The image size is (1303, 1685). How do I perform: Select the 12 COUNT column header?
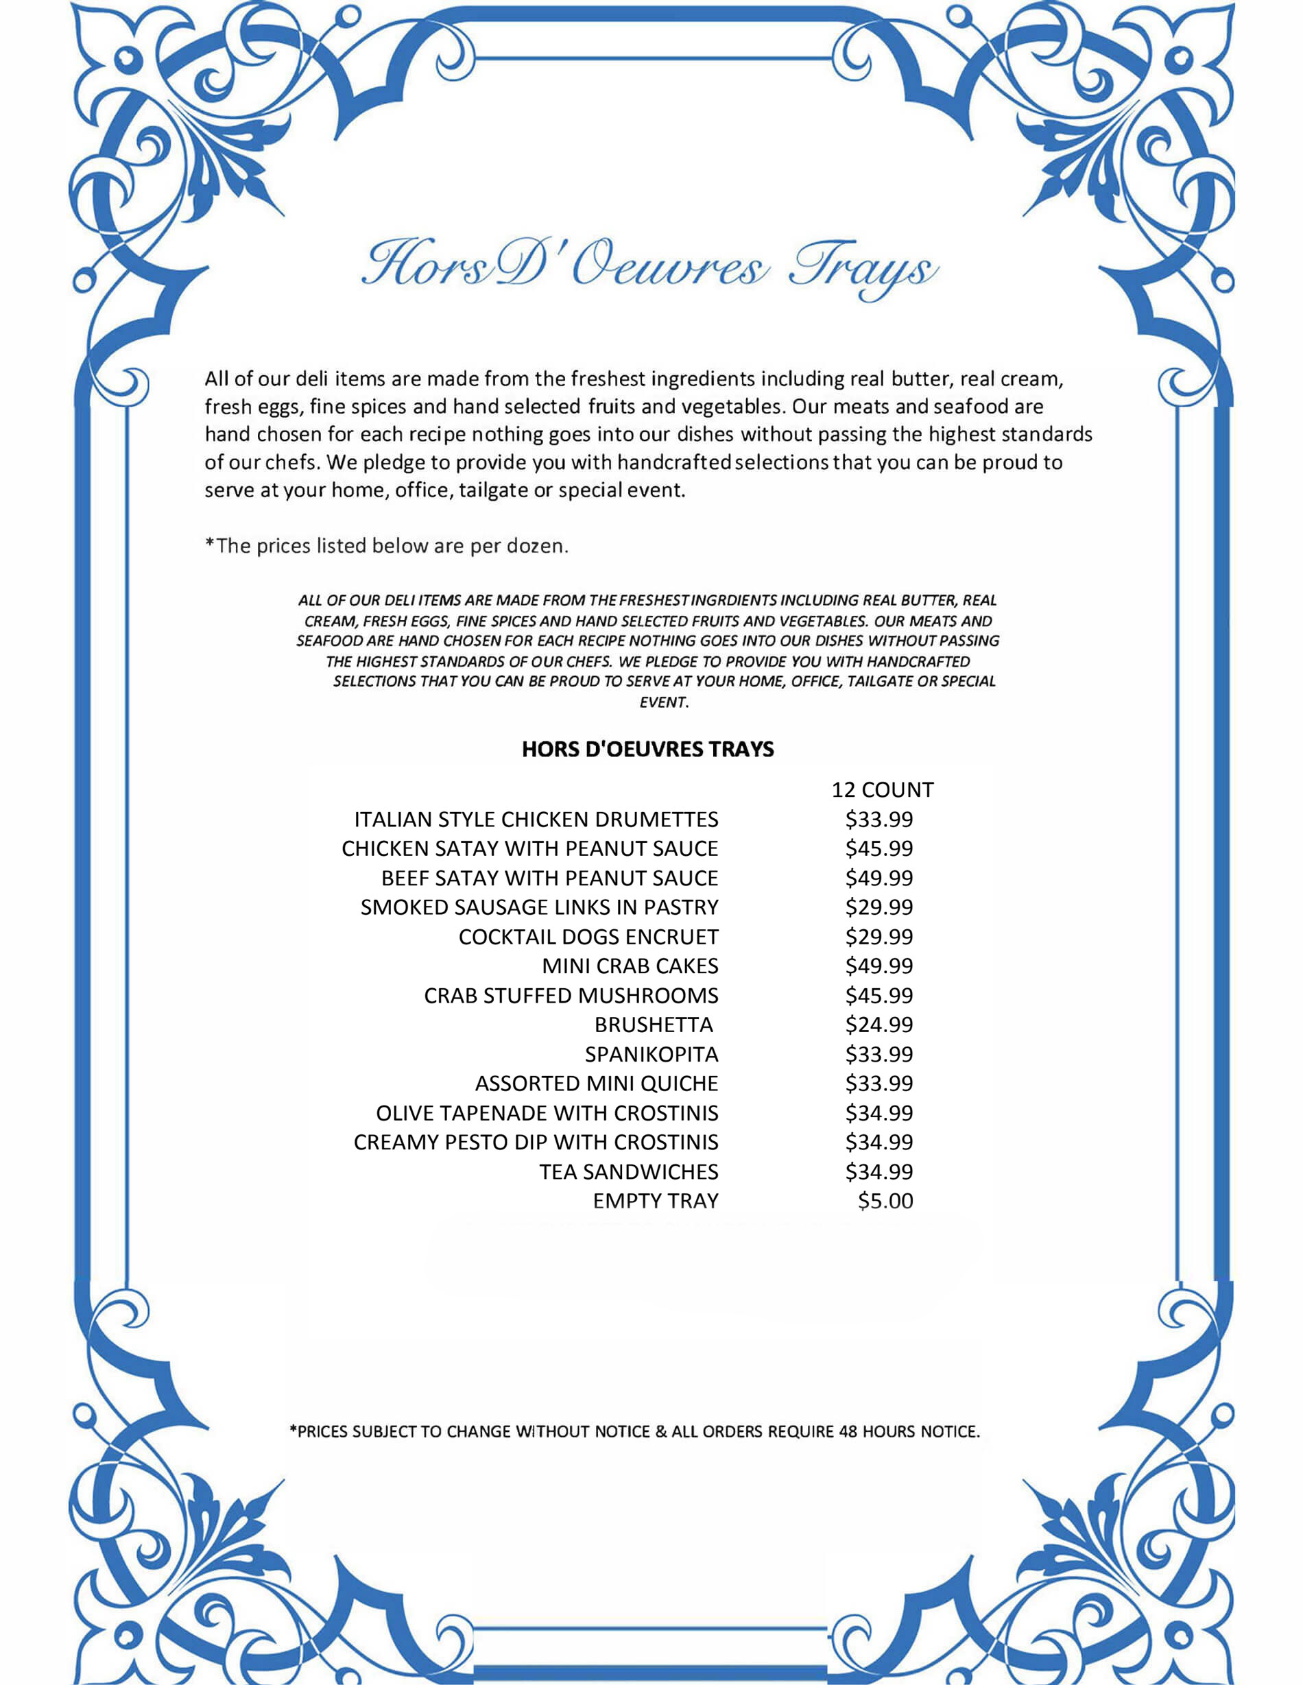(882, 790)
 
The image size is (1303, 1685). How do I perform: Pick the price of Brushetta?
(878, 1025)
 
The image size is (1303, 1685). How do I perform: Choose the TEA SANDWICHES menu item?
(629, 1171)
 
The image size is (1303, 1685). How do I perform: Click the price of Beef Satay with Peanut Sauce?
(878, 878)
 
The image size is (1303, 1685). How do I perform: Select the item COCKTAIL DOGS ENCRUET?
(588, 937)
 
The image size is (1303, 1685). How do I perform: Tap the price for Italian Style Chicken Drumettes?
(878, 820)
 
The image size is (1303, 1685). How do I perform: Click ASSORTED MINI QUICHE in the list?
(597, 1084)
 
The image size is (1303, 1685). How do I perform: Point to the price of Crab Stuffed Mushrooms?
(878, 995)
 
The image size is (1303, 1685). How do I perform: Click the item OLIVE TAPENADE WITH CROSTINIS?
(547, 1112)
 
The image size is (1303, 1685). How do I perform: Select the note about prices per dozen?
(387, 546)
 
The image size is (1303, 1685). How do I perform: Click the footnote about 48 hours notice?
(634, 1432)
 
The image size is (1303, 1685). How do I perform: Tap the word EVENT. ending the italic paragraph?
(663, 702)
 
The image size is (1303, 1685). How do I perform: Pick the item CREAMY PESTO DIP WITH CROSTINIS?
(536, 1142)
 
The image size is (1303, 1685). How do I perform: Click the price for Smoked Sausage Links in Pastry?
(878, 907)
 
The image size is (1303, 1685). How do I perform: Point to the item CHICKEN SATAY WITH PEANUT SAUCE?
(529, 849)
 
